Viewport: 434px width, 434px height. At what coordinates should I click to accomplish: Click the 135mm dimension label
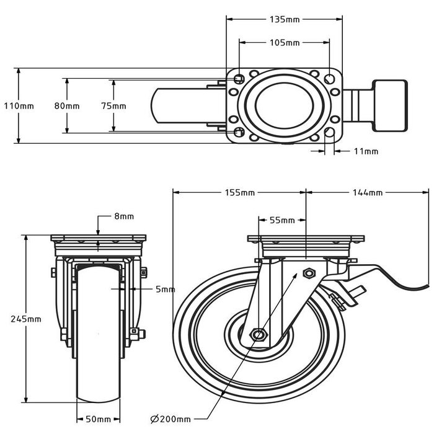tap(285, 19)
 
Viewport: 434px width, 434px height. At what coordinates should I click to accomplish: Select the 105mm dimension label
tap(285, 43)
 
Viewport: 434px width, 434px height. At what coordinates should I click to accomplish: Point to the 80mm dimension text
tap(67, 105)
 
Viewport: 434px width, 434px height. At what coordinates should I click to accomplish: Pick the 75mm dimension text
tap(114, 105)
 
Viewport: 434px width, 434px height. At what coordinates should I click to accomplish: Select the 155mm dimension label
tap(239, 193)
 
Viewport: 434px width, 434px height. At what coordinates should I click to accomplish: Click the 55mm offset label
tap(282, 220)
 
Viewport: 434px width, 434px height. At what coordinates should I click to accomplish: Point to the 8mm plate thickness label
tap(124, 216)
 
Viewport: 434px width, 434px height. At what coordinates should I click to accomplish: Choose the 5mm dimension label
tap(166, 289)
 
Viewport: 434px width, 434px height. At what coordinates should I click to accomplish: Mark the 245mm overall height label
tap(26, 319)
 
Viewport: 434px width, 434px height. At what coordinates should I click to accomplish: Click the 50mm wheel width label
tap(98, 418)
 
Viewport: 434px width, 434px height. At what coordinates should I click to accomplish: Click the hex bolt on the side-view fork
tap(308, 273)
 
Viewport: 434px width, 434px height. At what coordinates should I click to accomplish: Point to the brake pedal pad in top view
tap(389, 105)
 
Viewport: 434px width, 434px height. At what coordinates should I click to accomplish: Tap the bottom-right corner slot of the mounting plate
tap(329, 132)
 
